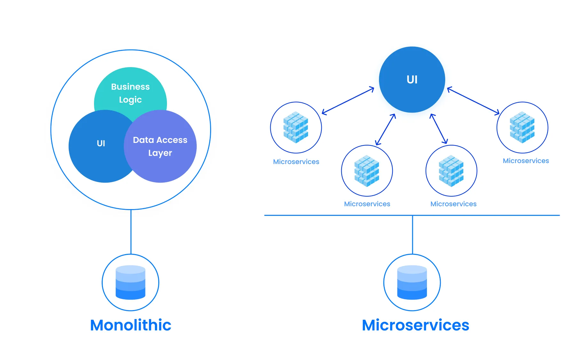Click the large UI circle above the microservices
(412, 79)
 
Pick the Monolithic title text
(130, 325)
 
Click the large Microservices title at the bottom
(415, 325)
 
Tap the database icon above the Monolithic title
(130, 282)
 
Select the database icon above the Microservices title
(412, 282)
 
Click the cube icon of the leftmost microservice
(296, 127)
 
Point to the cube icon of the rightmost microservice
(522, 127)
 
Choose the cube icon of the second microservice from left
(367, 171)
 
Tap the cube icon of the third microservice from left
(451, 171)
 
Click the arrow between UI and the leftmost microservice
(348, 101)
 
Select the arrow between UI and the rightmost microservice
(473, 101)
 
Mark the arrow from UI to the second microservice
(386, 130)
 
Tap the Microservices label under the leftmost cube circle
(296, 162)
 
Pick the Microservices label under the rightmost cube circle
(526, 161)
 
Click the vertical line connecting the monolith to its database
(131, 232)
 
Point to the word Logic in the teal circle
(130, 100)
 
